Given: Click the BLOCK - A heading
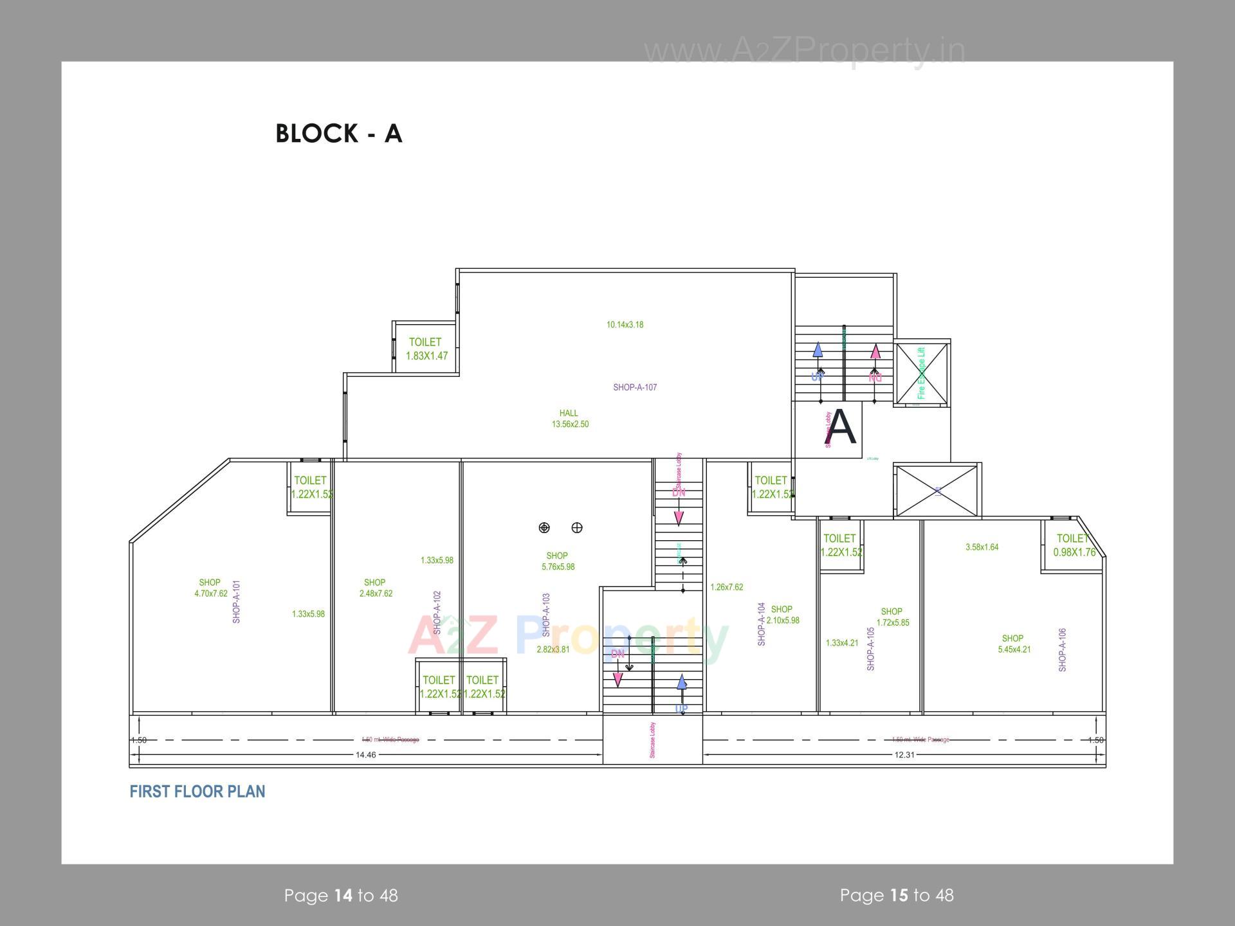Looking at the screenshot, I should [x=339, y=133].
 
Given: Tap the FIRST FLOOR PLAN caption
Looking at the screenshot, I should [x=197, y=792].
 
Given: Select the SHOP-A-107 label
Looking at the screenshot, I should [x=635, y=387].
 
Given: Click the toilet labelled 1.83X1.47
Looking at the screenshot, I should [x=426, y=349].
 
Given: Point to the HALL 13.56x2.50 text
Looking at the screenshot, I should [x=570, y=419].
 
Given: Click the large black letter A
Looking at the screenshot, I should [x=841, y=428].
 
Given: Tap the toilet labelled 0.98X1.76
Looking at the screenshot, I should [x=1074, y=545].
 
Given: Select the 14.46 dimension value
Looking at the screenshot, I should [x=366, y=755].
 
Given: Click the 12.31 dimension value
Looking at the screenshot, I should [x=904, y=755].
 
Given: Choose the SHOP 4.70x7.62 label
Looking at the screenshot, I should [x=211, y=588].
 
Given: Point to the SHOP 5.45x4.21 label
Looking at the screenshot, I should [x=1014, y=644].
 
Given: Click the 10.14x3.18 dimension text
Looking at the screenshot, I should [x=625, y=325].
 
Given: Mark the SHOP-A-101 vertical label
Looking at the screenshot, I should [x=236, y=602].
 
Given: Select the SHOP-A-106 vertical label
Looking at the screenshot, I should [x=1062, y=650].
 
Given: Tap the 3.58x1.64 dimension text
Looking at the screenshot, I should [x=982, y=547].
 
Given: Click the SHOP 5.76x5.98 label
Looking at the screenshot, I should [x=558, y=561].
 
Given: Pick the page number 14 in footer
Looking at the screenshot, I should [x=343, y=895].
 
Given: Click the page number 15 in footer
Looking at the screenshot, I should [x=899, y=895].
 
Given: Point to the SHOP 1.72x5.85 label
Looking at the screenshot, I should [x=892, y=617].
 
